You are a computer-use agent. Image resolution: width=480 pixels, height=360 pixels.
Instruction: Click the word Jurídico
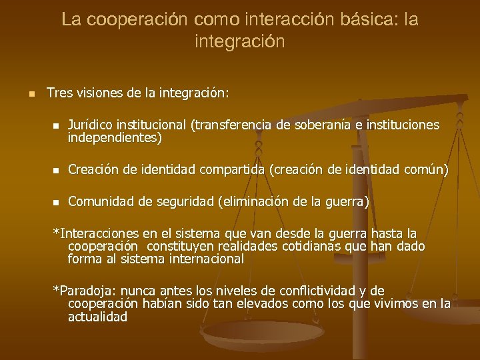tap(90, 125)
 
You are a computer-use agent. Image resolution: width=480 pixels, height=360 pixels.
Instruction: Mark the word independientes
tap(114, 138)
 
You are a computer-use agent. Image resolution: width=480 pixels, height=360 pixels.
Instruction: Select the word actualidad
tap(97, 317)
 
